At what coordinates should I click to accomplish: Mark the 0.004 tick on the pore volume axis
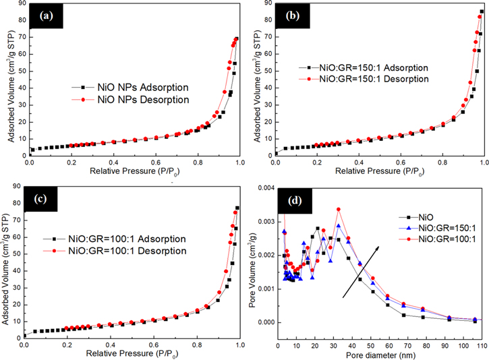pos(265,188)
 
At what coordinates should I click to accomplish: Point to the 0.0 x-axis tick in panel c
pos(24,344)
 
